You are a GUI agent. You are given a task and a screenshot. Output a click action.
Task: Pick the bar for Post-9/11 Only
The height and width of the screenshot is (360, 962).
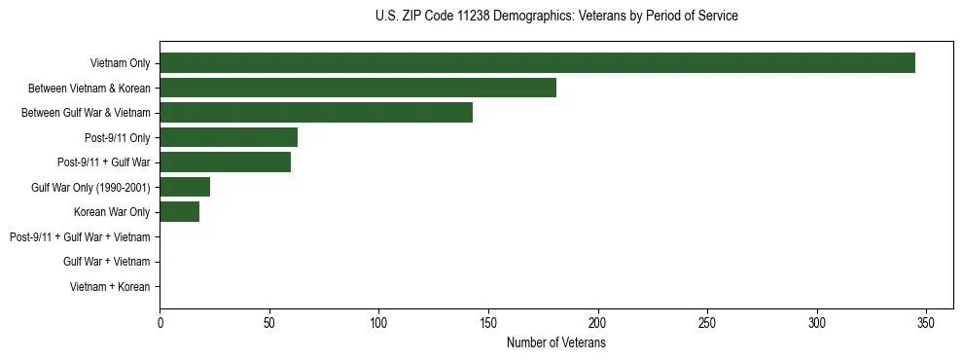click(229, 137)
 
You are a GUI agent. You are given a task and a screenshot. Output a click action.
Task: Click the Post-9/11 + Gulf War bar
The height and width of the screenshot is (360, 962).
click(225, 162)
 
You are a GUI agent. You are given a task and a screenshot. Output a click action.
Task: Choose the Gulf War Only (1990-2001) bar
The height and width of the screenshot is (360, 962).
click(185, 187)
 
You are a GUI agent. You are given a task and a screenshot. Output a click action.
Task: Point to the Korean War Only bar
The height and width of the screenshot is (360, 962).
click(179, 212)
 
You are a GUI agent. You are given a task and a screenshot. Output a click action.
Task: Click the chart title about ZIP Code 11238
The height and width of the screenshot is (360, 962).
click(555, 17)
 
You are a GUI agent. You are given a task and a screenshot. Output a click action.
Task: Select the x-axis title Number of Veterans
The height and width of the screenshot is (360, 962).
click(555, 343)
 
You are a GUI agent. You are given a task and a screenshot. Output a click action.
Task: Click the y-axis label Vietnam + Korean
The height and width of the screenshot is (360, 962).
click(110, 287)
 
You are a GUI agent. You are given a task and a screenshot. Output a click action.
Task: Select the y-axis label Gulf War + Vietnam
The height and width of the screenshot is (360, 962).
click(107, 262)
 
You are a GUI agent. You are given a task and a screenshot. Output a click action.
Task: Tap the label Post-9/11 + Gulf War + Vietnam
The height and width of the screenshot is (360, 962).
click(80, 236)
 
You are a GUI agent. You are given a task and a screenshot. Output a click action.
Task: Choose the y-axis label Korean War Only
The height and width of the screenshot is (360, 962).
click(112, 212)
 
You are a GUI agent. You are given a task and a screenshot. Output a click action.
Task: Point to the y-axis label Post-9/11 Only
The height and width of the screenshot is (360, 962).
click(117, 137)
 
